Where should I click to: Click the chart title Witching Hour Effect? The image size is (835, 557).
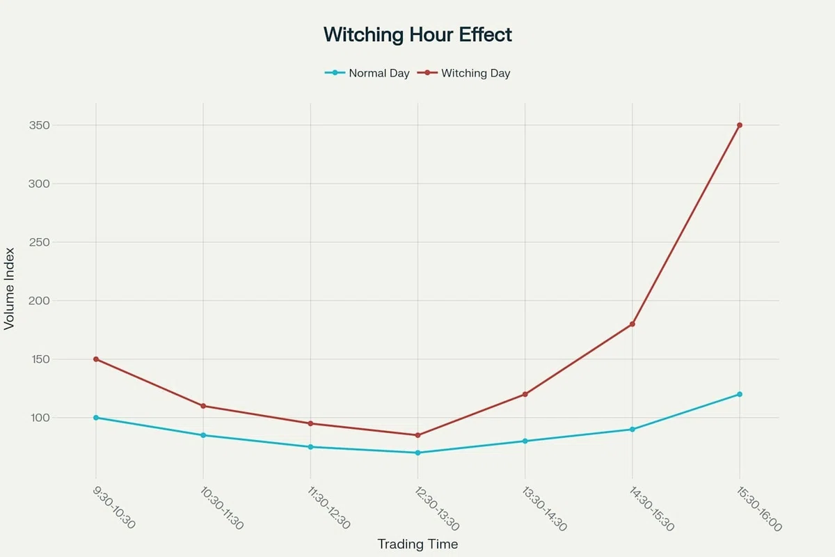pos(417,35)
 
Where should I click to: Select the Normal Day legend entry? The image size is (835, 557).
pos(367,73)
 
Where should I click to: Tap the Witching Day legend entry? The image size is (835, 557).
pos(463,73)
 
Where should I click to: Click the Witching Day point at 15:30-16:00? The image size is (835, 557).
pos(740,125)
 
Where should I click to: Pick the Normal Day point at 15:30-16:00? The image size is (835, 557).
pos(740,394)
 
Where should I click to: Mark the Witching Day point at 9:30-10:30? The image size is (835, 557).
pos(96,359)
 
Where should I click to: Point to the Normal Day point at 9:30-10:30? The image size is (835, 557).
pos(96,418)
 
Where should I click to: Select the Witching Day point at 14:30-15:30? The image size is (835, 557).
pos(633,324)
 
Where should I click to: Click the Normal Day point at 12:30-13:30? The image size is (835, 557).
pos(417,453)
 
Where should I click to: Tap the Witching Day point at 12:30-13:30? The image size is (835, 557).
pos(417,435)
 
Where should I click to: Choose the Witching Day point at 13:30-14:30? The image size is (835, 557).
pos(525,394)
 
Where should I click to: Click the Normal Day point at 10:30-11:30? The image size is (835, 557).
pos(203,435)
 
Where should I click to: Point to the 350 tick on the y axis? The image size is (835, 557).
pos(39,125)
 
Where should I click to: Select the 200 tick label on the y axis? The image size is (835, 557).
pos(39,301)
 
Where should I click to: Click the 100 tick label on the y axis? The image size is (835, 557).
pos(40,418)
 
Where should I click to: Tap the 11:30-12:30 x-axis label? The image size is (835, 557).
pos(328,508)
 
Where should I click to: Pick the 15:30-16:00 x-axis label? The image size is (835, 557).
pos(759,508)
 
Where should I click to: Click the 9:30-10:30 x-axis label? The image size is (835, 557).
pos(113,508)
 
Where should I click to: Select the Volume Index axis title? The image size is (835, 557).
pos(9,289)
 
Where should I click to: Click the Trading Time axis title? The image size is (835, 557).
pos(417,544)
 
